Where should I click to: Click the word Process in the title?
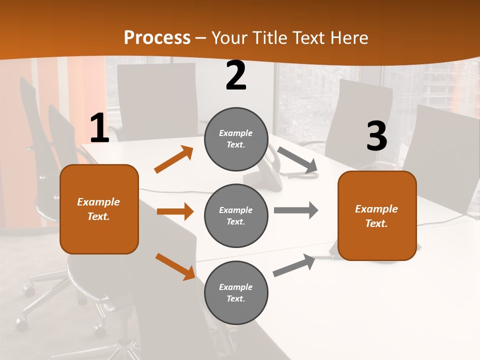pyautogui.click(x=157, y=38)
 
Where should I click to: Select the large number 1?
pyautogui.click(x=99, y=128)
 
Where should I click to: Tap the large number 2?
pyautogui.click(x=236, y=76)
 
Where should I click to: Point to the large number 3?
pyautogui.click(x=376, y=136)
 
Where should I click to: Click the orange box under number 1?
pyautogui.click(x=99, y=209)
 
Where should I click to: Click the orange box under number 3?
pyautogui.click(x=377, y=215)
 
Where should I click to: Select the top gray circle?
pyautogui.click(x=236, y=139)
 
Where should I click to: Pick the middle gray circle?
pyautogui.click(x=236, y=215)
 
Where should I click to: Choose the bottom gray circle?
pyautogui.click(x=236, y=292)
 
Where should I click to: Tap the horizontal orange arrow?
pyautogui.click(x=175, y=211)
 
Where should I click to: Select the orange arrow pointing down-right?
pyautogui.click(x=175, y=266)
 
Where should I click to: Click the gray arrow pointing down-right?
pyautogui.click(x=298, y=160)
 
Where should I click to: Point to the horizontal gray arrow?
pyautogui.click(x=296, y=210)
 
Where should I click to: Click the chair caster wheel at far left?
pyautogui.click(x=21, y=320)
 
